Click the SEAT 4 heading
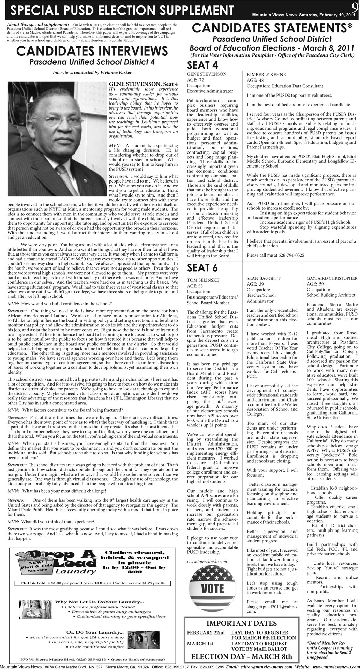point(203,65)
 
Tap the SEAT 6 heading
point(203,268)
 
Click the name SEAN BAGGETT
point(264,278)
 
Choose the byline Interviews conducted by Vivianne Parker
point(92,72)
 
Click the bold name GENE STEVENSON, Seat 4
point(143,84)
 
